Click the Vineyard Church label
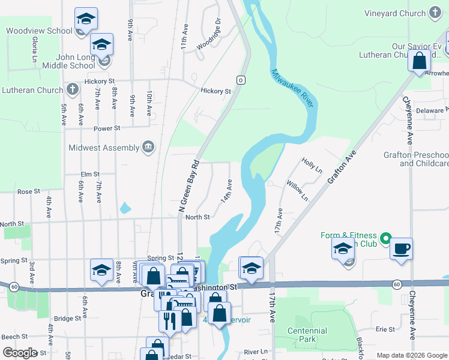394,13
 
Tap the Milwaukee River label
292,89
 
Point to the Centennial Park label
307,335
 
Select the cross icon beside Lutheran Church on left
72,90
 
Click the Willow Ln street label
297,191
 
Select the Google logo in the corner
20,353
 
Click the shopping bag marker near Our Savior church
419,61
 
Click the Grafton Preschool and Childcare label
416,159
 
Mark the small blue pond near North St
125,208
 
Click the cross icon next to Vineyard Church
435,13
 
